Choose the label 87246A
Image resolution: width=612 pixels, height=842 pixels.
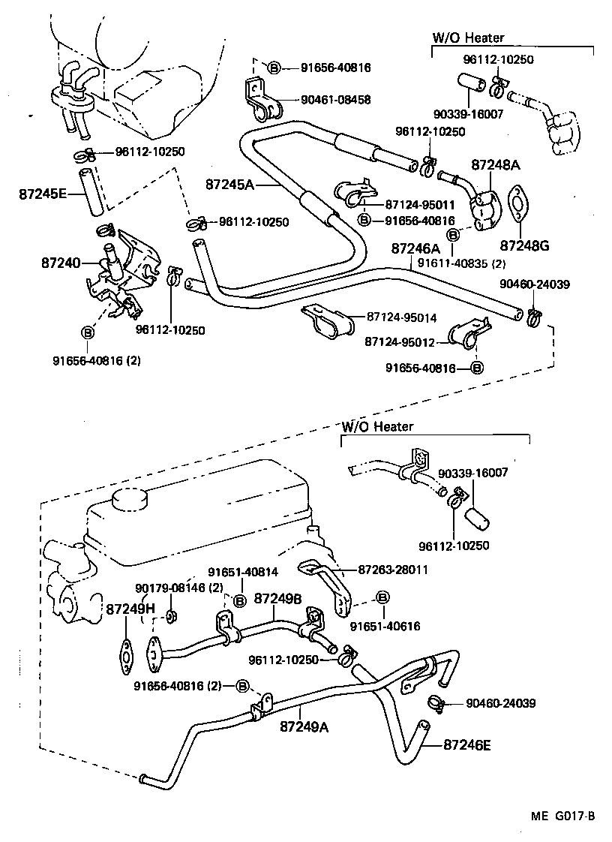tap(415, 248)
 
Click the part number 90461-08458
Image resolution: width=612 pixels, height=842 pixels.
tap(336, 99)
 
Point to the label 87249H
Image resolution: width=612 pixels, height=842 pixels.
tap(125, 609)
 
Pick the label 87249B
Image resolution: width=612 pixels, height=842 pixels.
tap(278, 598)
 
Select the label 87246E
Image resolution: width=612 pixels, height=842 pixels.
tap(467, 745)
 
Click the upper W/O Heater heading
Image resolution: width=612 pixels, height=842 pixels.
tap(469, 38)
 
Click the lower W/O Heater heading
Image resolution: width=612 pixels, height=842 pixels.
tap(377, 426)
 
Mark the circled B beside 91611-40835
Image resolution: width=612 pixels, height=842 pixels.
tap(453, 236)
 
